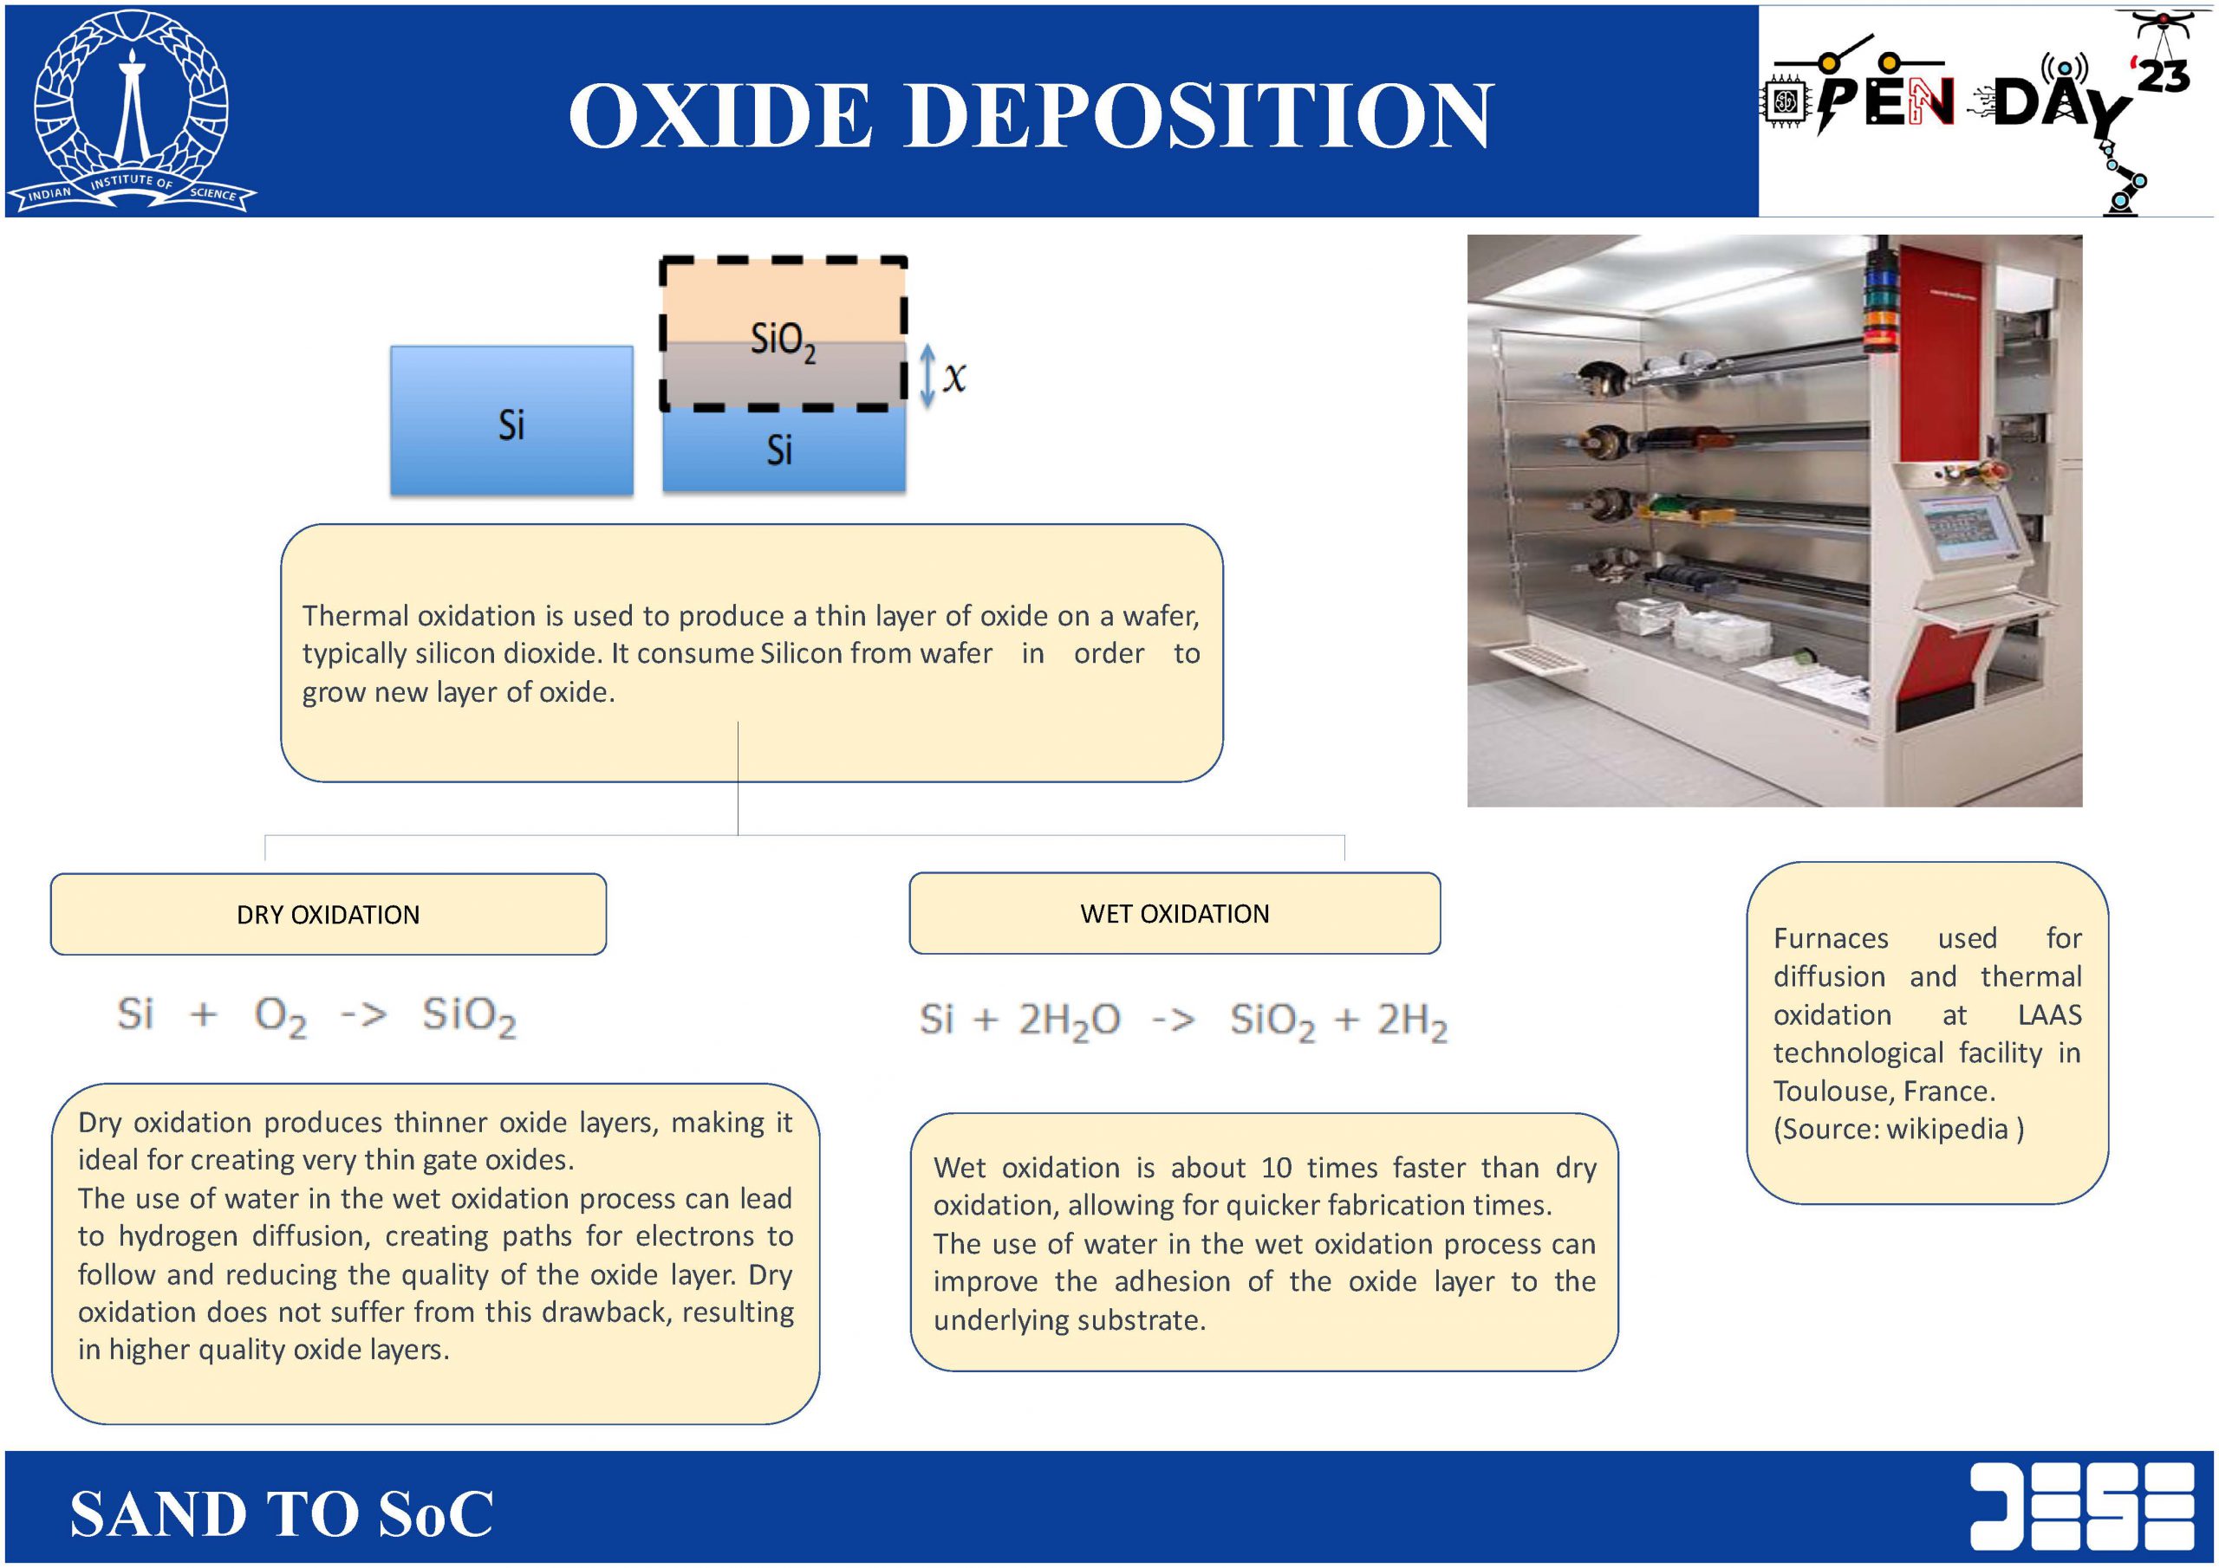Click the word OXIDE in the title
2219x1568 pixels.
click(x=721, y=115)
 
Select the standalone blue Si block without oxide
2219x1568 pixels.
click(x=511, y=420)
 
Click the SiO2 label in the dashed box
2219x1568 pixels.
click(x=783, y=341)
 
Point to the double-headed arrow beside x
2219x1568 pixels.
click(x=927, y=376)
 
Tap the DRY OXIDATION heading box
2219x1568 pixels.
click(x=329, y=914)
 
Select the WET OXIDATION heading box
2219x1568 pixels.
click(x=1175, y=913)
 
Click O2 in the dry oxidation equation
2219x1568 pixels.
click(x=280, y=1016)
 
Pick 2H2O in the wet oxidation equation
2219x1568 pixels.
click(x=1069, y=1021)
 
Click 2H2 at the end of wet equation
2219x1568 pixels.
click(x=1412, y=1022)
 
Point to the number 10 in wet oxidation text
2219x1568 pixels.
click(x=1277, y=1167)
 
